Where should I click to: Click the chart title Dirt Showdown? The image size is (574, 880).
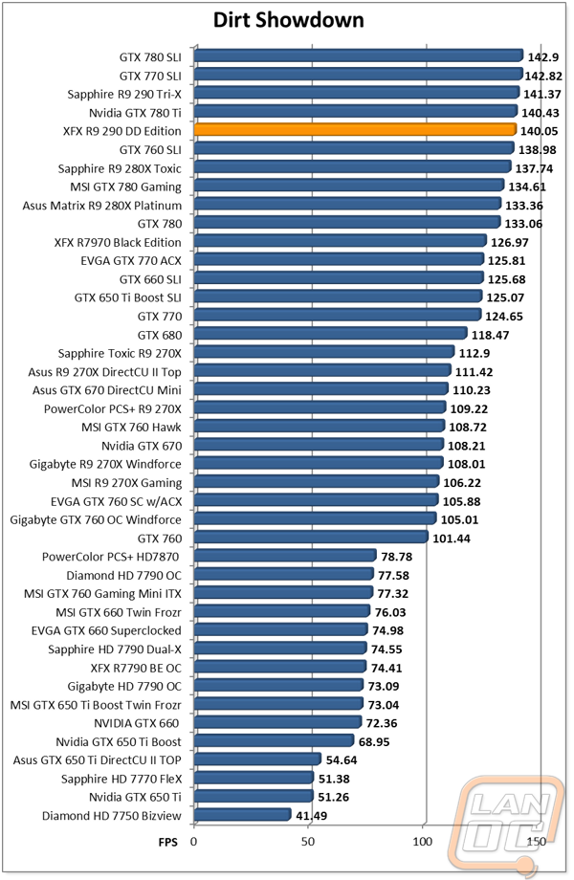(x=288, y=21)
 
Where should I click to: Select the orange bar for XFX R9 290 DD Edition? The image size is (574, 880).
(x=355, y=130)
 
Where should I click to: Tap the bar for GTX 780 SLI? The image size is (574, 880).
(x=359, y=55)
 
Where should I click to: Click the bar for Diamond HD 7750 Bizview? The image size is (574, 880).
(x=242, y=814)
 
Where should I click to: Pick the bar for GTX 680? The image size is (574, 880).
(x=330, y=334)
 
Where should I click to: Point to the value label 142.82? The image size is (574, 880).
(x=543, y=76)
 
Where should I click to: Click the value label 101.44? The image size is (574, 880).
(x=452, y=539)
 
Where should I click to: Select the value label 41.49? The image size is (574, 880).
(x=312, y=816)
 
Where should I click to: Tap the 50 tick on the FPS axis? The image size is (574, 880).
(x=308, y=841)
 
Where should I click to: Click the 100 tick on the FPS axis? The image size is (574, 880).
(x=423, y=841)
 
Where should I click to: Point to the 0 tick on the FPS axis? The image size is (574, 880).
(x=194, y=841)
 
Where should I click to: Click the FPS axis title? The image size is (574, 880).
(x=167, y=842)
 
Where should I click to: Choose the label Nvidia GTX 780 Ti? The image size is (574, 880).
(x=135, y=113)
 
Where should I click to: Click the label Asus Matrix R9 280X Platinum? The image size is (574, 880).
(x=102, y=206)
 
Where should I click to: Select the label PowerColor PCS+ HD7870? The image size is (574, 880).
(x=111, y=557)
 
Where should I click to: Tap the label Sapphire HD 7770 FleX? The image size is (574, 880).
(x=121, y=779)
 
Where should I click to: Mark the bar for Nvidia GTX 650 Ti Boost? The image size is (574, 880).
(x=274, y=740)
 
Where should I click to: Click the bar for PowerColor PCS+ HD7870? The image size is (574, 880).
(x=285, y=555)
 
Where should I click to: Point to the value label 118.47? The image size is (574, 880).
(x=491, y=335)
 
